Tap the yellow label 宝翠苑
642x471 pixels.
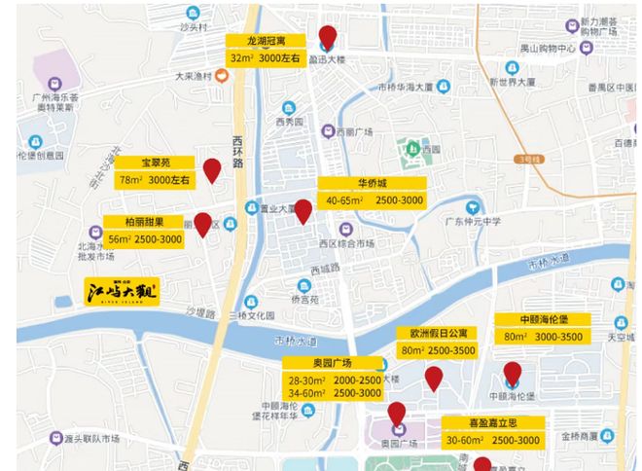pyautogui.click(x=155, y=163)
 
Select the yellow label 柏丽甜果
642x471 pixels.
pyautogui.click(x=145, y=222)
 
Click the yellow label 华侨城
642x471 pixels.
pyautogui.click(x=372, y=183)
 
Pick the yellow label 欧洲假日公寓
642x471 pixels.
pyautogui.click(x=436, y=333)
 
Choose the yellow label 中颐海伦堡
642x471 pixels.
pyautogui.click(x=542, y=320)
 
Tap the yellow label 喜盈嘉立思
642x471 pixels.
pyautogui.click(x=492, y=423)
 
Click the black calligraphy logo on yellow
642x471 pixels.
pyautogui.click(x=121, y=291)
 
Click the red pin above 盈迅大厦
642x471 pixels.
pyautogui.click(x=327, y=38)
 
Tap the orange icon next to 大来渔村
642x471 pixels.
pyautogui.click(x=222, y=77)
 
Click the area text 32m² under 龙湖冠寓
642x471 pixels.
pyautogui.click(x=241, y=58)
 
